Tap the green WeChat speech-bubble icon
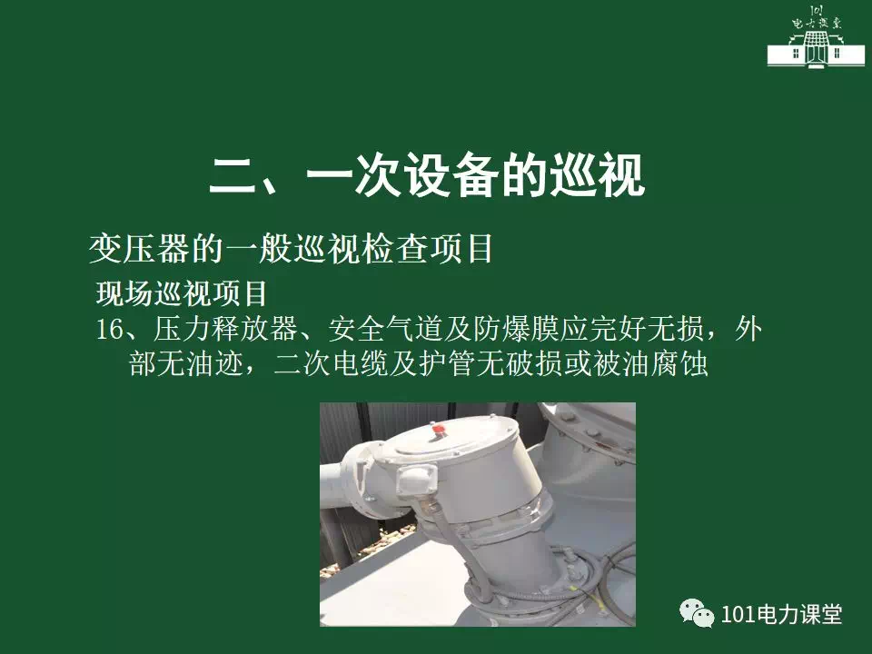(x=697, y=613)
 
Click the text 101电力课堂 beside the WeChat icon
(x=781, y=614)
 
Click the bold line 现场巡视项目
(x=182, y=293)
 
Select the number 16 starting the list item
(x=110, y=330)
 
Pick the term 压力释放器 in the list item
(x=225, y=329)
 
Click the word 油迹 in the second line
(x=215, y=364)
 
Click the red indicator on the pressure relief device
(x=438, y=430)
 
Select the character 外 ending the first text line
(x=748, y=329)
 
